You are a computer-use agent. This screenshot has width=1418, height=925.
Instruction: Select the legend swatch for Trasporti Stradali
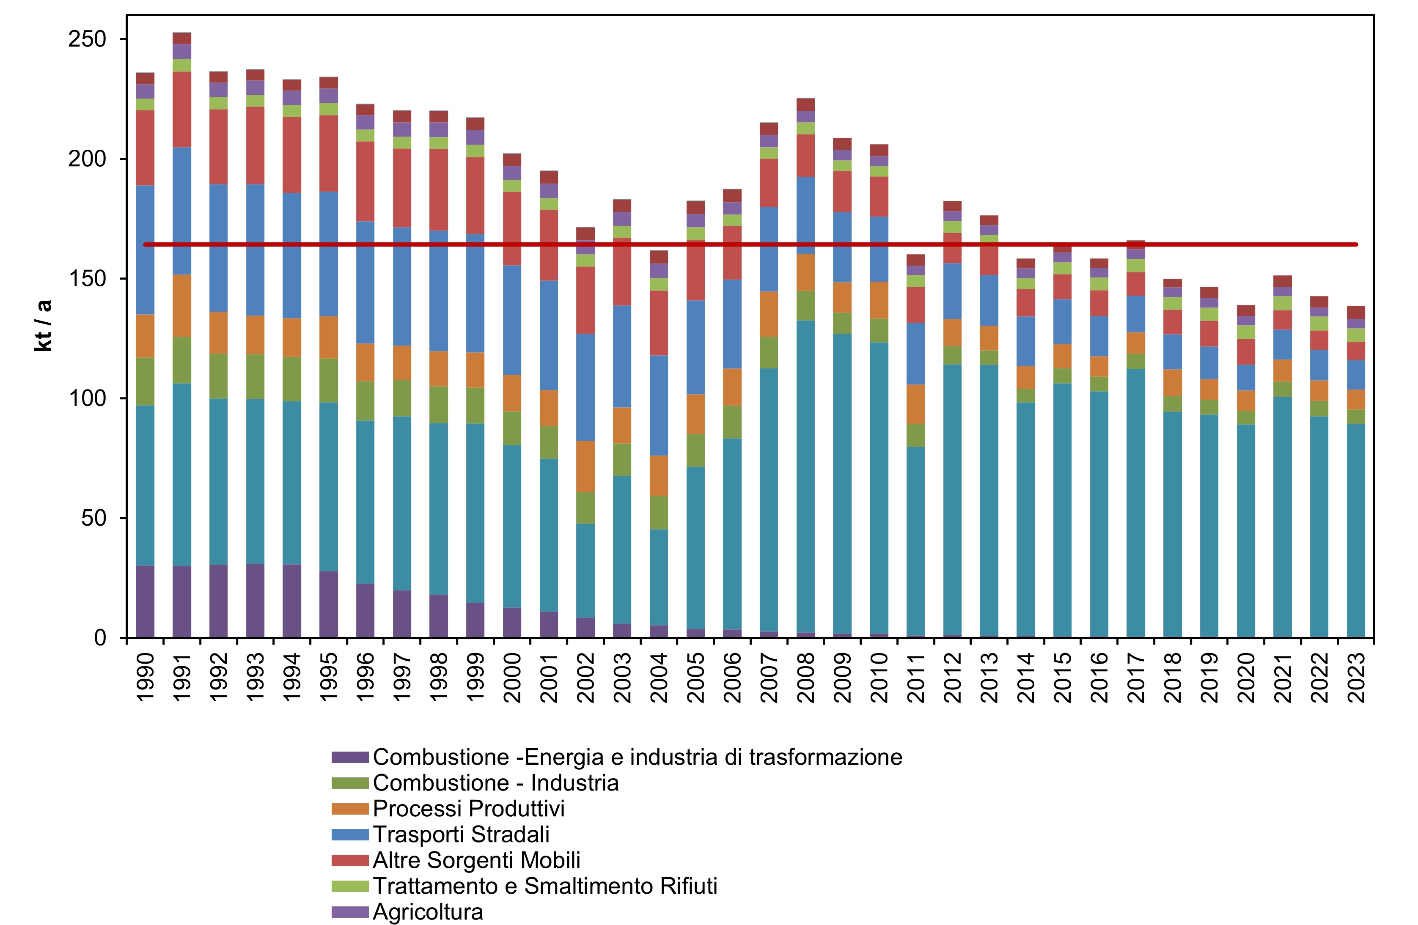pos(350,834)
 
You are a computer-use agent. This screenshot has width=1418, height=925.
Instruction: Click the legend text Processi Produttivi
pos(468,809)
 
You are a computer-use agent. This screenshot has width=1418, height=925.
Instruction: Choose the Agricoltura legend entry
pos(428,912)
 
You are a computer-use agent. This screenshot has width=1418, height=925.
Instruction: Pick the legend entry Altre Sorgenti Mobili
pos(476,860)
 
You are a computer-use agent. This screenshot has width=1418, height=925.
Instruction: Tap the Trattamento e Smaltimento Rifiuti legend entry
pos(544,886)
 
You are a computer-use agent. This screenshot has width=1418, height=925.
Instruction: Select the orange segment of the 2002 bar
pos(585,467)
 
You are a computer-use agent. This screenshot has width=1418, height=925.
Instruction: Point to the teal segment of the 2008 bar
pos(805,477)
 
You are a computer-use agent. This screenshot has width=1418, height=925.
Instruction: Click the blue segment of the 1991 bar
pos(182,211)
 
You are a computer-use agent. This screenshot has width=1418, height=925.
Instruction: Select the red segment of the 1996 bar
pos(365,181)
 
